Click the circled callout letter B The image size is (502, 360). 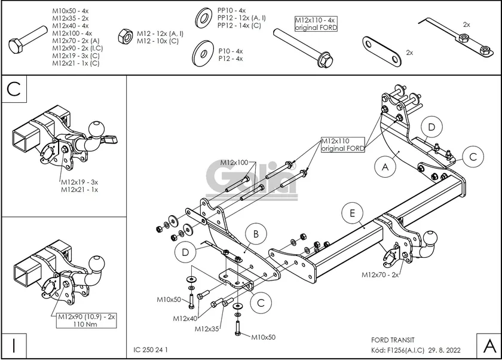[x=255, y=234]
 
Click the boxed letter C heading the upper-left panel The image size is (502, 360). [x=14, y=89]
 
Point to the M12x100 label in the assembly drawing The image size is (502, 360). [x=234, y=162]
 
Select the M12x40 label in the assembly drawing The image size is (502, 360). [x=185, y=318]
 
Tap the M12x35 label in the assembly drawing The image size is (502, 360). [x=207, y=328]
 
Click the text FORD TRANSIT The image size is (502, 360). [x=389, y=338]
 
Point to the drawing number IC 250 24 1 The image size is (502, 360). [x=152, y=349]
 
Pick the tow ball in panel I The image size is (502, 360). [x=96, y=263]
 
